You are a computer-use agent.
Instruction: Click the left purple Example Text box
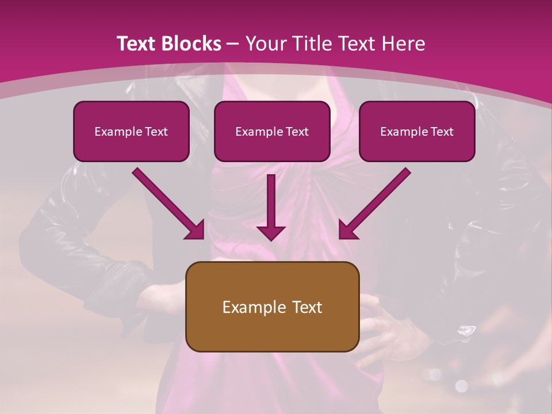pyautogui.click(x=131, y=132)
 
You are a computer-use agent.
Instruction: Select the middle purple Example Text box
pyautogui.click(x=272, y=132)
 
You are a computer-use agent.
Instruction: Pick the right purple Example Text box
pyautogui.click(x=417, y=132)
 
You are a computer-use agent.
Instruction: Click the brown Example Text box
pyautogui.click(x=272, y=307)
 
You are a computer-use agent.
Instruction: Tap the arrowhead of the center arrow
pyautogui.click(x=271, y=232)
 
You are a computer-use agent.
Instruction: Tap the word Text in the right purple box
pyautogui.click(x=442, y=132)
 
